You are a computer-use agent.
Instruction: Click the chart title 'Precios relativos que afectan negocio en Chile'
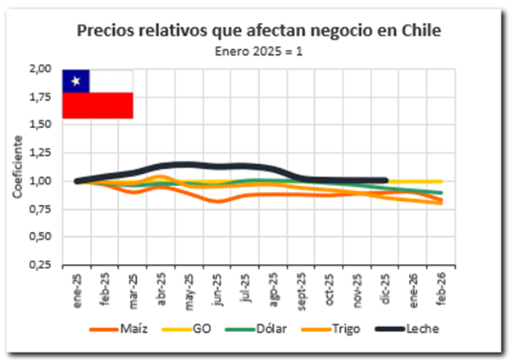[259, 31]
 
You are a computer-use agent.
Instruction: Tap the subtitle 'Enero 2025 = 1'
[259, 50]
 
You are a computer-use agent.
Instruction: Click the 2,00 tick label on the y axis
[40, 69]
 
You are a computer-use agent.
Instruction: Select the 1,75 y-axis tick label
[40, 97]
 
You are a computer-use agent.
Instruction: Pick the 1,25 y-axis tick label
[40, 153]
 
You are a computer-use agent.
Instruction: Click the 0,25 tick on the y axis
[40, 265]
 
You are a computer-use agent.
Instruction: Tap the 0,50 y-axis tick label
[40, 237]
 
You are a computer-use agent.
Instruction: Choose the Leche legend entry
[419, 329]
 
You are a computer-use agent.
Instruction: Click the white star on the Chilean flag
[76, 80]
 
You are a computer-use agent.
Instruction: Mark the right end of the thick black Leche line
[385, 180]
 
